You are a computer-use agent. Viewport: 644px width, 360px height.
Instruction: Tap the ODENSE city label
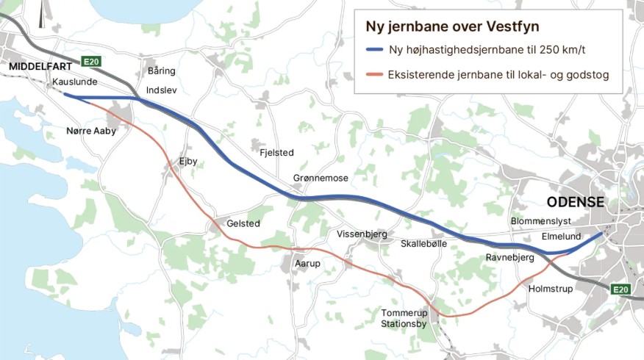click(575, 203)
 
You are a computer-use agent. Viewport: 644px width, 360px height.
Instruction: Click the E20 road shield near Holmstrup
click(621, 290)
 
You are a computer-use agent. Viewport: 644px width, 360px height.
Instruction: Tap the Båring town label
click(161, 71)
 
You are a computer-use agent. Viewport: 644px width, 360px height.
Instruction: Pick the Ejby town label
click(188, 161)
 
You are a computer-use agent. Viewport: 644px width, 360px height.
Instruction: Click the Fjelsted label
click(276, 153)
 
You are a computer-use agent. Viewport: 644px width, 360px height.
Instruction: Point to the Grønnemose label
click(321, 179)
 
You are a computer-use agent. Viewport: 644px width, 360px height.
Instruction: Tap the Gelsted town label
click(243, 223)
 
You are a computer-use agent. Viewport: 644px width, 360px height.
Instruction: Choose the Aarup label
click(308, 263)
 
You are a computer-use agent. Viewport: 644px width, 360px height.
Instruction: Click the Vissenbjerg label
click(362, 234)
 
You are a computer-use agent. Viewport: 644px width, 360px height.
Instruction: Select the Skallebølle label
click(424, 243)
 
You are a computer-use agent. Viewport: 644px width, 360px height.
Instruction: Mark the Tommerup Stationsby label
click(404, 318)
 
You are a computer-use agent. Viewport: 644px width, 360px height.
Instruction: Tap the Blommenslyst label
click(540, 221)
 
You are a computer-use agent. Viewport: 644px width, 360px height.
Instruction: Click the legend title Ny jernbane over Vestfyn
click(452, 26)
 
